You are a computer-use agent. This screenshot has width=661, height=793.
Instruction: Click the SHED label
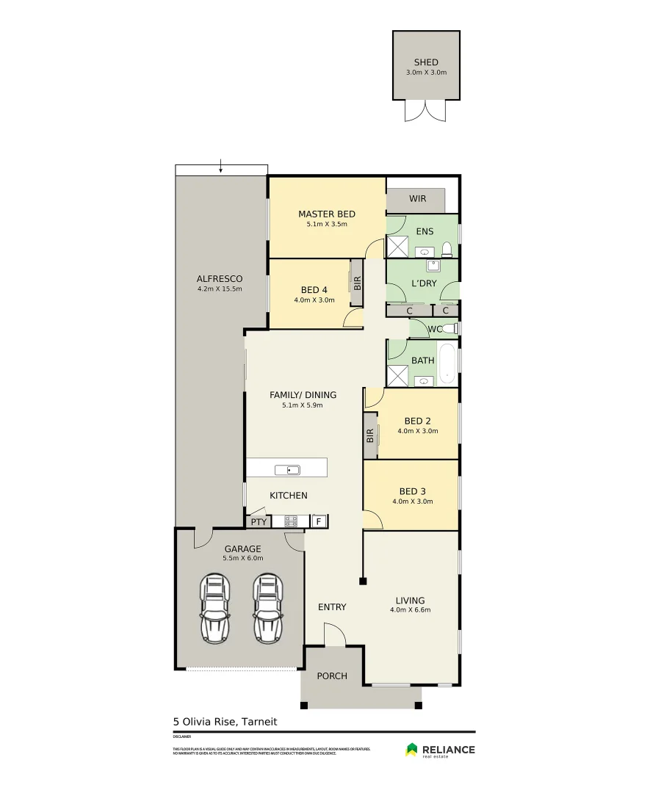(426, 62)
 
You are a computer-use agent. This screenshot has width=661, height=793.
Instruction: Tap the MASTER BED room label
(326, 214)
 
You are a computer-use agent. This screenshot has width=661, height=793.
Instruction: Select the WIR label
(417, 199)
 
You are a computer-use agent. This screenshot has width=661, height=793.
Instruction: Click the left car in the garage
(214, 609)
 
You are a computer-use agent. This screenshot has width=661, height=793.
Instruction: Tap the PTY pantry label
(258, 522)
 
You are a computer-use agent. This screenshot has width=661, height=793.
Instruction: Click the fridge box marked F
(319, 522)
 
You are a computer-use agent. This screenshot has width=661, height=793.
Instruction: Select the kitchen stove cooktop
(290, 522)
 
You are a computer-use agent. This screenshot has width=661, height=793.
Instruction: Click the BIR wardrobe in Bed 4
(358, 281)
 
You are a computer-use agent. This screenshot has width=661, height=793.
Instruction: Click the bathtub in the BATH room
(447, 363)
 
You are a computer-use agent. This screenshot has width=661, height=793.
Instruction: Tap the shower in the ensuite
(397, 246)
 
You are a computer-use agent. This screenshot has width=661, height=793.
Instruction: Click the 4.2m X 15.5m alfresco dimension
(219, 289)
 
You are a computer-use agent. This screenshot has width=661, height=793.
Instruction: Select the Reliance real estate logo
(440, 750)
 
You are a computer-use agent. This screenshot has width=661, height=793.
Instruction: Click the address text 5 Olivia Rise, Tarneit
(225, 721)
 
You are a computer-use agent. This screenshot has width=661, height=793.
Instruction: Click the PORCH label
(332, 676)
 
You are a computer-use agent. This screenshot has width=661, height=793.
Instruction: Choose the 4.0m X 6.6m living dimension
(410, 610)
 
